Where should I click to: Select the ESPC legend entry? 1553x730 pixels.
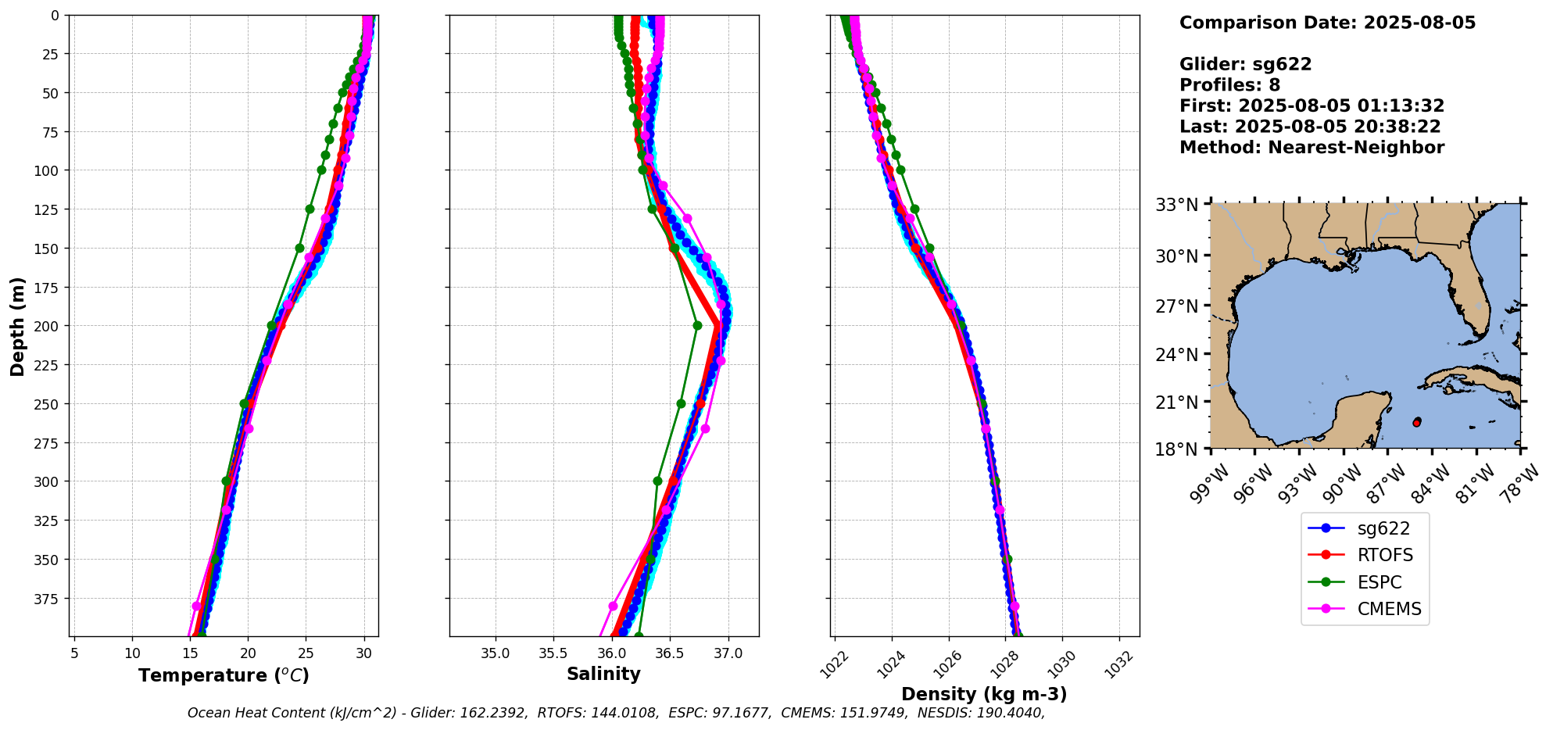point(1379,582)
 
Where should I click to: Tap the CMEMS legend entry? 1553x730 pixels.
point(1389,610)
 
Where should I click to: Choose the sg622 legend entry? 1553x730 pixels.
point(1383,528)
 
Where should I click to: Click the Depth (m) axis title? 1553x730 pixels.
point(17,326)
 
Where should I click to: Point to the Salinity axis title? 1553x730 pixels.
point(603,675)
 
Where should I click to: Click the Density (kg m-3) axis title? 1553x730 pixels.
point(984,694)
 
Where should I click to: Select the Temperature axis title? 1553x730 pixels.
point(224,675)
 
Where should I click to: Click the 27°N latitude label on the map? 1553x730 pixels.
point(1177,306)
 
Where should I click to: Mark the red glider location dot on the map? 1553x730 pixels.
point(1417,422)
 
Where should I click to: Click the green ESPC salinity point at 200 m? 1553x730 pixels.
point(697,326)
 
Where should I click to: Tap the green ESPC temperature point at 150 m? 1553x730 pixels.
point(299,248)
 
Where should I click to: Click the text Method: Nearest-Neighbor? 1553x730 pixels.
point(1311,148)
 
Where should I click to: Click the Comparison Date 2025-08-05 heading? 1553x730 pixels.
point(1327,23)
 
